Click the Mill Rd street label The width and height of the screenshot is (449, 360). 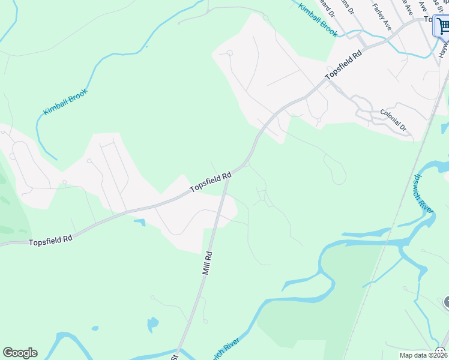(x=208, y=263)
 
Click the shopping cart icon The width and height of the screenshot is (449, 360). (x=443, y=26)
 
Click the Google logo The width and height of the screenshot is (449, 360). (x=20, y=353)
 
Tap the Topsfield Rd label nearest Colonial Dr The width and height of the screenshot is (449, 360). (x=344, y=65)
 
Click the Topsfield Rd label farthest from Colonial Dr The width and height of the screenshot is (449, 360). (x=50, y=239)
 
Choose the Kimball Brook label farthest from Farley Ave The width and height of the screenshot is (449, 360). (x=65, y=102)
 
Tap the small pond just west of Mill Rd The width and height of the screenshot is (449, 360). (x=153, y=324)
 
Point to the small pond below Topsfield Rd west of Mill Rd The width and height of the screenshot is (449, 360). (x=140, y=223)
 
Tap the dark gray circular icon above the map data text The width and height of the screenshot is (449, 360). (x=446, y=302)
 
